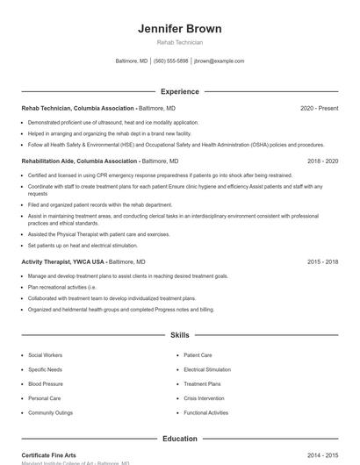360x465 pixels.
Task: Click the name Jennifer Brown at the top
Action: (179, 28)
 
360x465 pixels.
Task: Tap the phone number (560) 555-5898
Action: (170, 61)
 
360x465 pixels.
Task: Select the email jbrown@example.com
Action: (219, 61)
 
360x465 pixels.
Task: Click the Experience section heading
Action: (179, 91)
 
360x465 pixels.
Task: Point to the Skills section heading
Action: (179, 335)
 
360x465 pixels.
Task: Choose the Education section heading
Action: (179, 438)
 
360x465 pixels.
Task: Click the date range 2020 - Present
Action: (319, 108)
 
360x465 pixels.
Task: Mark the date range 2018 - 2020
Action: (323, 161)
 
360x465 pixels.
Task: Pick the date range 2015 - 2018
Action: (323, 261)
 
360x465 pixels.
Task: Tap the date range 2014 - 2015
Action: (323, 455)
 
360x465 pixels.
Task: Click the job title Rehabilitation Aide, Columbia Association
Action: (80, 161)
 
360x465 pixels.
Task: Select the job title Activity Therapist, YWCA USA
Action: (63, 261)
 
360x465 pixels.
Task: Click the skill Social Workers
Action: (45, 355)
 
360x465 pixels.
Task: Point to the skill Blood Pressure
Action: (45, 383)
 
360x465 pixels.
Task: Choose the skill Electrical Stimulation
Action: (207, 369)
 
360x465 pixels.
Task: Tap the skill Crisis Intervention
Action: (204, 397)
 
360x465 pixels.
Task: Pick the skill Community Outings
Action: (50, 412)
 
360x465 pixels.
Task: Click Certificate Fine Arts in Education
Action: (48, 455)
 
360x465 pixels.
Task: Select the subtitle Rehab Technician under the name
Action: (179, 42)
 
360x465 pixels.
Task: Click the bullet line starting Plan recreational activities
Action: (61, 287)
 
